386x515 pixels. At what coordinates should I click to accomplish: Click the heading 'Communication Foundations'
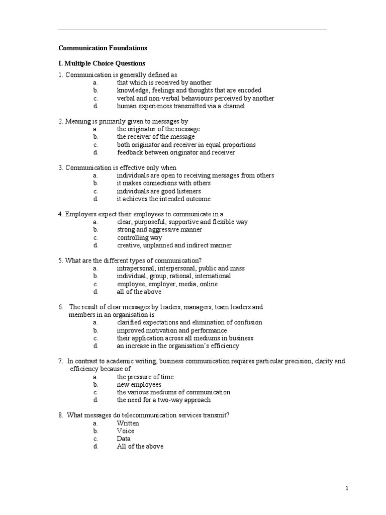pyautogui.click(x=103, y=48)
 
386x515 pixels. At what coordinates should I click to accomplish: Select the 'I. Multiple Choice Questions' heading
pyautogui.click(x=102, y=63)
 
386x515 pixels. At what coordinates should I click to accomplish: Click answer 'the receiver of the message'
pyautogui.click(x=156, y=137)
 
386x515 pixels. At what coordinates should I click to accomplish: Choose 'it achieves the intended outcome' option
pyautogui.click(x=164, y=199)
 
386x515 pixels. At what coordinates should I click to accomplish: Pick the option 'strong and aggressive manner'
pyautogui.click(x=159, y=230)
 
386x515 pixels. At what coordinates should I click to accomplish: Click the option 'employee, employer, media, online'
pyautogui.click(x=167, y=284)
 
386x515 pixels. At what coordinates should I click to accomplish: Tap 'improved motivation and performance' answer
pyautogui.click(x=172, y=330)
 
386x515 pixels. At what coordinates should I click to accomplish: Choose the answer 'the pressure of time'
pyautogui.click(x=145, y=377)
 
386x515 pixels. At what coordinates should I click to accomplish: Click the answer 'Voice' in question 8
pyautogui.click(x=126, y=431)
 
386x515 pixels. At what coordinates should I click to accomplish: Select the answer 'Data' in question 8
pyautogui.click(x=124, y=439)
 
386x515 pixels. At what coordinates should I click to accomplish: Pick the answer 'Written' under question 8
pyautogui.click(x=128, y=423)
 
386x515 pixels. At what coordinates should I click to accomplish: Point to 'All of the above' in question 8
pyautogui.click(x=140, y=447)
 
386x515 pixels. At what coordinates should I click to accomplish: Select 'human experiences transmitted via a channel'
pyautogui.click(x=181, y=106)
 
